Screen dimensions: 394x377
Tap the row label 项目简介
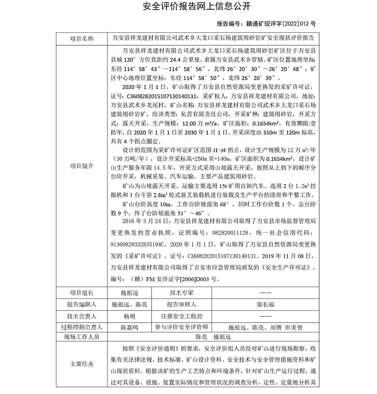82,166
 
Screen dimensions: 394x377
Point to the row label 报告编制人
82,304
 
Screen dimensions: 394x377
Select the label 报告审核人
181,304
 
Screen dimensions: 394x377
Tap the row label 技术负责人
82,316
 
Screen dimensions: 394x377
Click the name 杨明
129,316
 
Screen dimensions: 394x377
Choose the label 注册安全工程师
181,316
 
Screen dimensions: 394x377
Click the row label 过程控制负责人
82,327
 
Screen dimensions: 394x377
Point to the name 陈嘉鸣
129,327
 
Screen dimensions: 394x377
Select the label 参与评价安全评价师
181,327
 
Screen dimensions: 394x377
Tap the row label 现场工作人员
82,337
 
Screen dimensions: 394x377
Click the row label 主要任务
82,364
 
